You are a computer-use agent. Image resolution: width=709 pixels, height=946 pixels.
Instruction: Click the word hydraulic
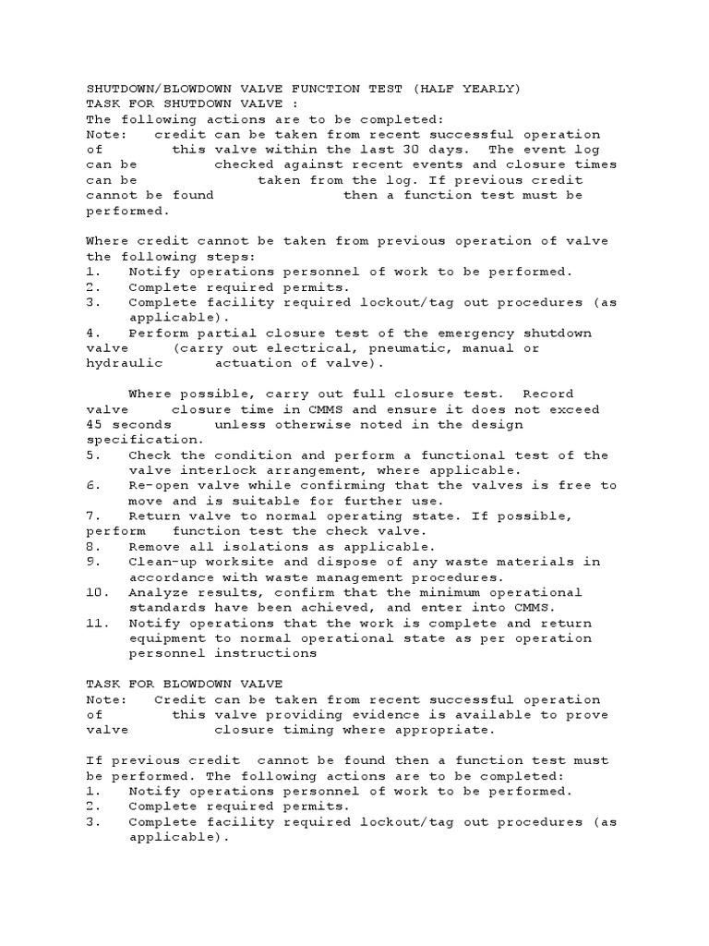(x=119, y=364)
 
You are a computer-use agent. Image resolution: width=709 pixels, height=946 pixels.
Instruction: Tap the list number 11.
(x=94, y=624)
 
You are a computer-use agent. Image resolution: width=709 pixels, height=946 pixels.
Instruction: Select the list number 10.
(x=94, y=592)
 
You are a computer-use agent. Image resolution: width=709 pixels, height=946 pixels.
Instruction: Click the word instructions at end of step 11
(x=268, y=653)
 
